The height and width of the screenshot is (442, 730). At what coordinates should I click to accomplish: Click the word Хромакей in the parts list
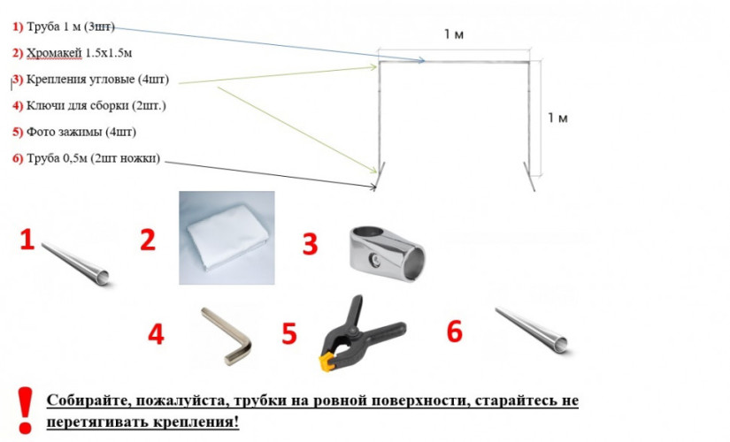point(54,54)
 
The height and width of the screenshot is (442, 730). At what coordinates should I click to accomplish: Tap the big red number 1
point(27,240)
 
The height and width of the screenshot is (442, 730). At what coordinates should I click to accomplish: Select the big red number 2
point(148,240)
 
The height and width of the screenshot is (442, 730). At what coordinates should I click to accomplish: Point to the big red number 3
point(310,244)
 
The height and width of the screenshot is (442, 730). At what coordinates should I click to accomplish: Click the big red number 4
point(156,334)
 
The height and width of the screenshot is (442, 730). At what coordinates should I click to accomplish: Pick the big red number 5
point(289,334)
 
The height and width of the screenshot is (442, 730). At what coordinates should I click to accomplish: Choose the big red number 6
point(455,331)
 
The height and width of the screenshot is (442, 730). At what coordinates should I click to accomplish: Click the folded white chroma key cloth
point(227,238)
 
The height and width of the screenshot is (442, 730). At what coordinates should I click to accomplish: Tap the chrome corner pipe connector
point(387,254)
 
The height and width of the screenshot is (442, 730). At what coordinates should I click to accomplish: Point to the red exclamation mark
point(25,410)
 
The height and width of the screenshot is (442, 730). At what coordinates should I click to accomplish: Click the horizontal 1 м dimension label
point(453,34)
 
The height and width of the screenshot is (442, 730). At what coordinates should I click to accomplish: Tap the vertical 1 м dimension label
point(557,118)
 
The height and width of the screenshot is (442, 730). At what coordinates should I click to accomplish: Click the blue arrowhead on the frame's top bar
point(421,60)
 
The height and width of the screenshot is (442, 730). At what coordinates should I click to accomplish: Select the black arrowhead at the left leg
point(373,187)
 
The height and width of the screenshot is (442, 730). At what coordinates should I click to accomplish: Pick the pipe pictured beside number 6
point(532,331)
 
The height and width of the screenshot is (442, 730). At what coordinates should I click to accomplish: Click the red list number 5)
point(18,132)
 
